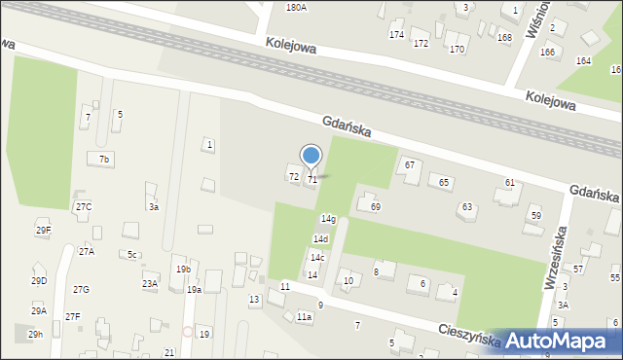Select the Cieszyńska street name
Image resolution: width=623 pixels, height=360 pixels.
tap(468, 336)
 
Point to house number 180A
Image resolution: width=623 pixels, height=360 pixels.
tap(296, 7)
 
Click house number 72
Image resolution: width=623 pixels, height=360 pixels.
tap(293, 176)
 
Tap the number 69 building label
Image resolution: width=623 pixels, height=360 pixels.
tap(376, 207)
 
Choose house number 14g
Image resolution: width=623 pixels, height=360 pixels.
tap(328, 219)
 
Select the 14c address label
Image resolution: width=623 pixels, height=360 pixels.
tap(317, 257)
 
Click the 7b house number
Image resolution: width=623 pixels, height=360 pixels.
tap(105, 159)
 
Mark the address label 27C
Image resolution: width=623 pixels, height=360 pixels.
tap(84, 206)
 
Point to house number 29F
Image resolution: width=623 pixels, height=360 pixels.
tap(44, 230)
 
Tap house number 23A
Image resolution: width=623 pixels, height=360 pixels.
tap(149, 283)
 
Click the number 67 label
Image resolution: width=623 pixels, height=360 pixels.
tap(410, 164)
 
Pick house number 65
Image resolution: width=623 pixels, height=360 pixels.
tap(444, 183)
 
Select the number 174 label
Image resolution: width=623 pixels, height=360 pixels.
tap(396, 35)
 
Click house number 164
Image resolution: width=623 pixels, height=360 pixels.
tap(583, 60)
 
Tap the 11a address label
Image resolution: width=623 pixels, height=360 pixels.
tap(305, 317)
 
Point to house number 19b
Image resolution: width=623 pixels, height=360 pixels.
tap(183, 269)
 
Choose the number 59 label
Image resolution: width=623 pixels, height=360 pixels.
tap(535, 214)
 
